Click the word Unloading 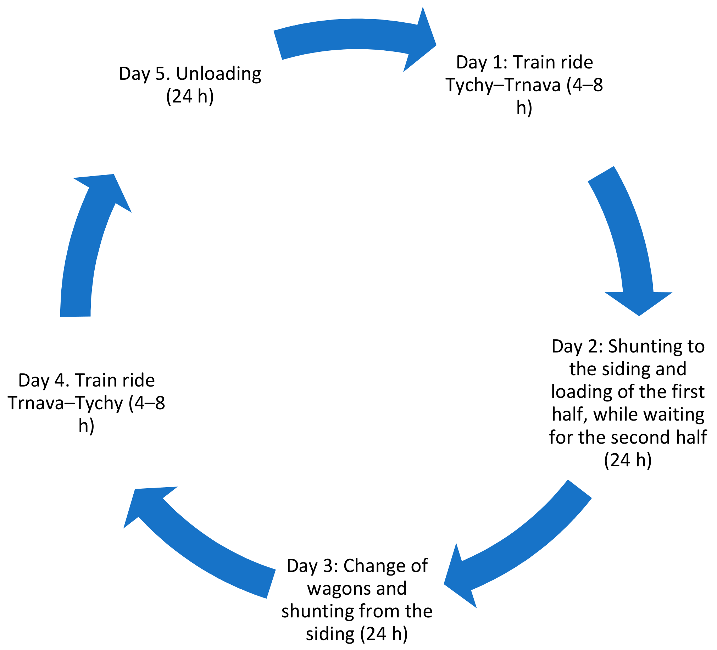click(x=218, y=74)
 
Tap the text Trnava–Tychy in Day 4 click(x=66, y=403)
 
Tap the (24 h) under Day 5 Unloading click(x=190, y=96)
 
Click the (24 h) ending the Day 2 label click(x=628, y=460)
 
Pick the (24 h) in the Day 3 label click(x=384, y=634)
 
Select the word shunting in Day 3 click(x=318, y=611)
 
